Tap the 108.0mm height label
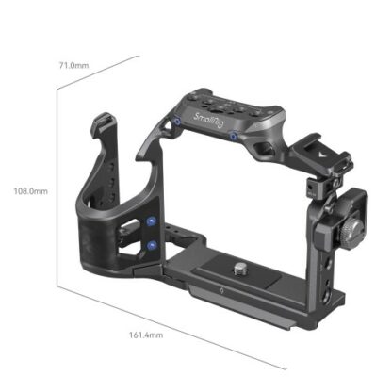(x=30, y=190)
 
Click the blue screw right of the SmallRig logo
(x=233, y=136)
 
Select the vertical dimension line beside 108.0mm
(x=58, y=188)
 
